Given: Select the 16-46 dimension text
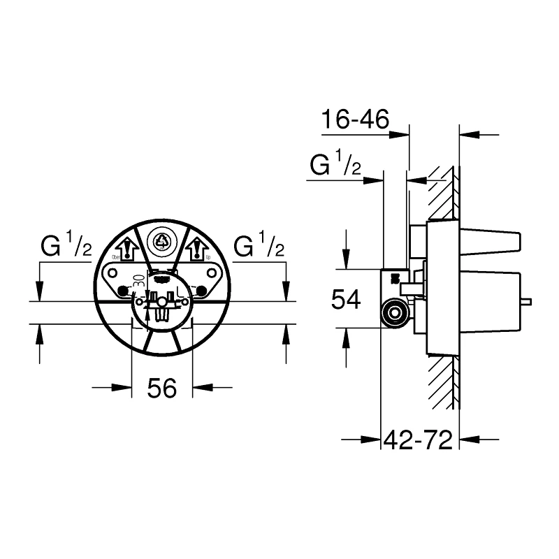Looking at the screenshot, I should tap(354, 120).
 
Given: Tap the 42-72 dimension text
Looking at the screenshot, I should tap(419, 440).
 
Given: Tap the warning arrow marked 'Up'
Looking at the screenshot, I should tap(197, 249).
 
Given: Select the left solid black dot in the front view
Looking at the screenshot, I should tap(124, 291).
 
